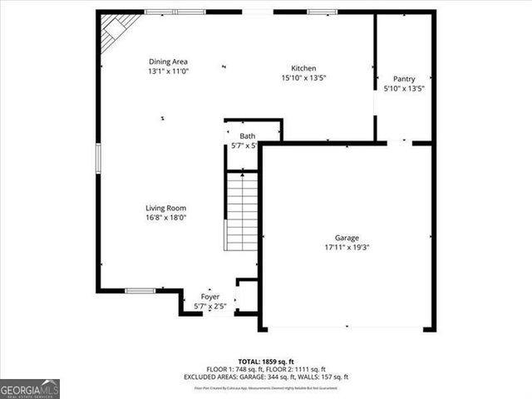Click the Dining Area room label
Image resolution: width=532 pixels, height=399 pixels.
click(168, 62)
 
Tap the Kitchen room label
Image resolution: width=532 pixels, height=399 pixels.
click(303, 68)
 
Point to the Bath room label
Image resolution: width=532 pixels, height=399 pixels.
click(247, 136)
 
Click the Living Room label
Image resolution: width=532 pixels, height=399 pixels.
click(166, 209)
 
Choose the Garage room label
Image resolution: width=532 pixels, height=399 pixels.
click(347, 238)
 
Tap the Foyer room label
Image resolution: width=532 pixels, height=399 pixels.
click(210, 297)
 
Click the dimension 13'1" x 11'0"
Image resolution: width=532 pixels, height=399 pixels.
click(168, 71)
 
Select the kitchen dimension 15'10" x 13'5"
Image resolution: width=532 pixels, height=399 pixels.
click(303, 78)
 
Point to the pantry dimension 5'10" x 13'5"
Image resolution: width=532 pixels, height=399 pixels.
click(404, 88)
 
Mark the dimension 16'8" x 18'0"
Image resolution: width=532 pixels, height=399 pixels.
click(166, 218)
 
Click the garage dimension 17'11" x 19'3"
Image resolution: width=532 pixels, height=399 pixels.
click(347, 247)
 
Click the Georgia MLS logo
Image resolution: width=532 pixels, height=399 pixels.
click(30, 388)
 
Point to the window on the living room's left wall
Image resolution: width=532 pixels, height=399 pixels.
click(98, 158)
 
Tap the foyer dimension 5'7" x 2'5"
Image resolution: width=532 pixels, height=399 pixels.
click(210, 307)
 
